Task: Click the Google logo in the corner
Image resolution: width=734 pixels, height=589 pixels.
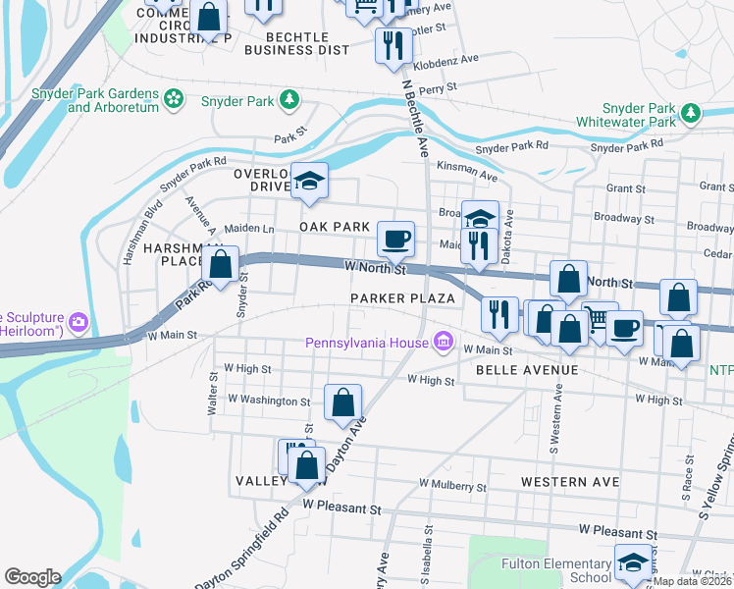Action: (x=32, y=577)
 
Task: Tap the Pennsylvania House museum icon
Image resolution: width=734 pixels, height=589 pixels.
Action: (x=444, y=342)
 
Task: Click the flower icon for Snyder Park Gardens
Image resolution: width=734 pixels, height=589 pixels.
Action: (x=174, y=98)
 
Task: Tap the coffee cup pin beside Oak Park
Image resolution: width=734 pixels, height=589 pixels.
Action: (x=396, y=238)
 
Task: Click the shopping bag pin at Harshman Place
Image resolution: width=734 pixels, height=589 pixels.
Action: (x=221, y=263)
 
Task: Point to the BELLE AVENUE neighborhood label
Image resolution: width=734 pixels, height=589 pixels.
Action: (x=527, y=370)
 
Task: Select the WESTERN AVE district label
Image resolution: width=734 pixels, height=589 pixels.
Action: (x=570, y=482)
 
